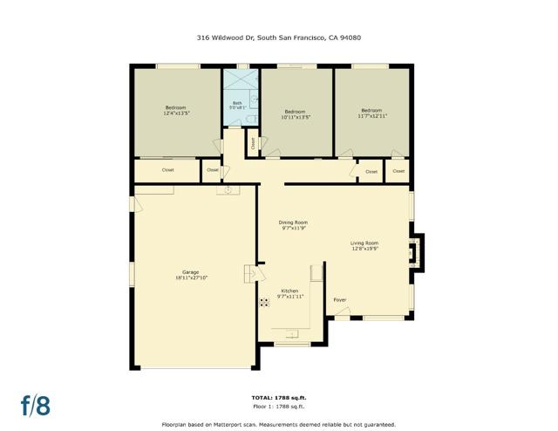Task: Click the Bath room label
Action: (236, 103)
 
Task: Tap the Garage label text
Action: (191, 272)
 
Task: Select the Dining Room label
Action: (293, 222)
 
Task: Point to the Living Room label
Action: (364, 243)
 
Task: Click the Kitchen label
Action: (289, 291)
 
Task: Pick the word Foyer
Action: (340, 299)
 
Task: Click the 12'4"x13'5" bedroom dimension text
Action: (176, 113)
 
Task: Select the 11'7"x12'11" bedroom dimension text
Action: (371, 114)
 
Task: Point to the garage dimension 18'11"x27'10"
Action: (191, 278)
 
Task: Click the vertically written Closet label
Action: (253, 144)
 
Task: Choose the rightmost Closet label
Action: (398, 171)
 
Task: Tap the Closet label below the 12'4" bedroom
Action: (168, 169)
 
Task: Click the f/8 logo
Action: (36, 405)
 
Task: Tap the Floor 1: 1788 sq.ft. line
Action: (278, 407)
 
